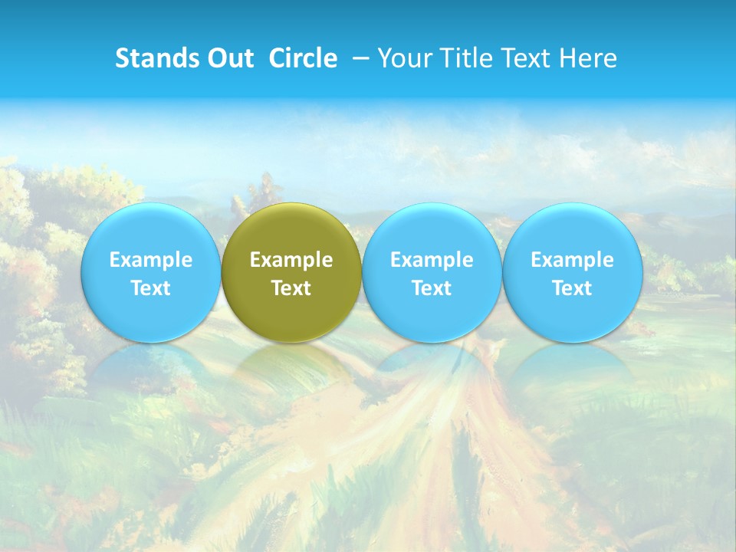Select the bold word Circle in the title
pyautogui.click(x=303, y=58)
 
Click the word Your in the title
pyautogui.click(x=402, y=58)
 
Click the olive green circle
pyautogui.click(x=291, y=230)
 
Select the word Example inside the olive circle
pyautogui.click(x=291, y=260)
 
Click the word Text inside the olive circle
pyautogui.click(x=291, y=288)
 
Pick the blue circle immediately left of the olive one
pyautogui.click(x=150, y=230)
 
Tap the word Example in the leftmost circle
pyautogui.click(x=150, y=260)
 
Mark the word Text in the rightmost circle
pyautogui.click(x=572, y=288)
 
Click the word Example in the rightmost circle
pyautogui.click(x=572, y=260)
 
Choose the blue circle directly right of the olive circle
pyautogui.click(x=432, y=230)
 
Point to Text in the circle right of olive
pyautogui.click(x=432, y=288)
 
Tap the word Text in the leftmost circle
pyautogui.click(x=150, y=288)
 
